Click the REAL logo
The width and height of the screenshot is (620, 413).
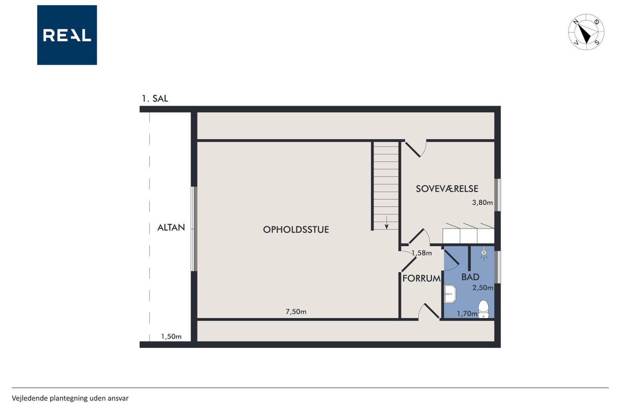coord(67,35)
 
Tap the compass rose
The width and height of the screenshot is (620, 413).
coord(586,32)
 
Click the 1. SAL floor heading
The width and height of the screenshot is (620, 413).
coord(155,98)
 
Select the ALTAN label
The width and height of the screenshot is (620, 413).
coord(171,228)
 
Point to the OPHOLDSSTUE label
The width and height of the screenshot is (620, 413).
coord(296,229)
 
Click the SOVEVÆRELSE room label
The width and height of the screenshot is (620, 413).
coord(447,189)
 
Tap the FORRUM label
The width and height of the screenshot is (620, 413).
coord(421,278)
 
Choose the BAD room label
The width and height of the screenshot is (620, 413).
coord(470,277)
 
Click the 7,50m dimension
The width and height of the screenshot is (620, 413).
coord(296,312)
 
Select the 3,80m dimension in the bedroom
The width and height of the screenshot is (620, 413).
coord(482,202)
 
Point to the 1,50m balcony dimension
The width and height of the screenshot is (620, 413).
coord(171,337)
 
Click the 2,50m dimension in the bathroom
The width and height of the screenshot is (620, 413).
coord(483,288)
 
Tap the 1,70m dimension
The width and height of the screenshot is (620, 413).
coord(467,313)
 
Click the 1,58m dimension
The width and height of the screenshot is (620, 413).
coord(421,253)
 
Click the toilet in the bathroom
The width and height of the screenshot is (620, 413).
coord(483,309)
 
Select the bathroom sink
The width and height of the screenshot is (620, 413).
coord(450,294)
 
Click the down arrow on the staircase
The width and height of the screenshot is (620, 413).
coord(387,223)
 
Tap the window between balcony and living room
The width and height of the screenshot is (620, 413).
coord(194,229)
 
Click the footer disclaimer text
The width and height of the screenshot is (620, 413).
coord(70,398)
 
